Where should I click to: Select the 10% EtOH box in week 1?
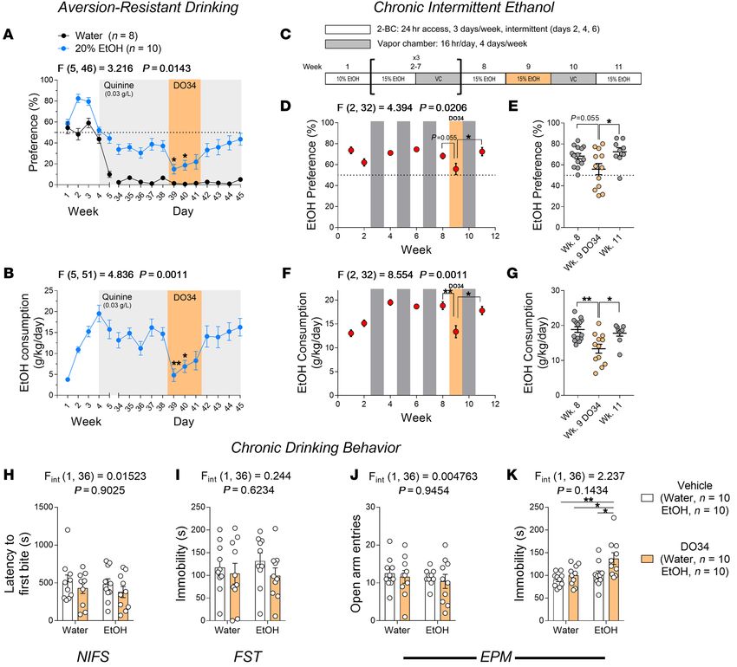click(x=343, y=78)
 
